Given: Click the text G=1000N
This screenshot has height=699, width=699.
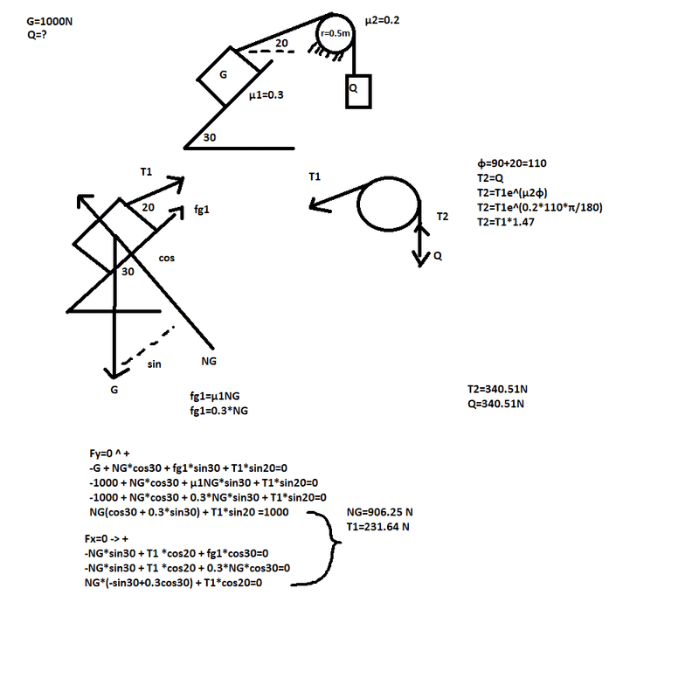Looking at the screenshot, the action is (50, 21).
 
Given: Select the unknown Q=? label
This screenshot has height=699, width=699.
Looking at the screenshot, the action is (37, 35).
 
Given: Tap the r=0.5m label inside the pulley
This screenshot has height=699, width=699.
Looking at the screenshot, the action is (336, 33).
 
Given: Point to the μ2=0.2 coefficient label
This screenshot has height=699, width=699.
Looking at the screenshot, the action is (382, 20).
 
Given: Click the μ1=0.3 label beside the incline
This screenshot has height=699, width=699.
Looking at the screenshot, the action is (266, 95).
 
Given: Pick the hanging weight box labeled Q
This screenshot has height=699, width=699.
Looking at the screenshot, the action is (358, 92).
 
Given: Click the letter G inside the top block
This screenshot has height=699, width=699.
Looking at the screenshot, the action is (224, 74).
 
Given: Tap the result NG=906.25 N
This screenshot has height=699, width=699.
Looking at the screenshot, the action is (380, 512).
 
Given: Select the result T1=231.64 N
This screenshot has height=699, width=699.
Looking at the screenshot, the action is (378, 527).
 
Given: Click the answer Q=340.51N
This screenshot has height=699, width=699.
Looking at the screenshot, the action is (495, 404).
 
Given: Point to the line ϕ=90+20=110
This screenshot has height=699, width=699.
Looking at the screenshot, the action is (512, 163).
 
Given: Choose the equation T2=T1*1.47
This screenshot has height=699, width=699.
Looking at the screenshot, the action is (506, 222).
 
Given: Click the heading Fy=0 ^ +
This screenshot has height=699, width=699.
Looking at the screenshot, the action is (110, 453).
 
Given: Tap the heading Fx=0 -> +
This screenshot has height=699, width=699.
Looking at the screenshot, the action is (107, 539).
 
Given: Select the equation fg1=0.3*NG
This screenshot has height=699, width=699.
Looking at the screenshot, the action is (219, 411).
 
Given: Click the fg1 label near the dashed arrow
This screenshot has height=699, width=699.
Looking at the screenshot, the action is (202, 210).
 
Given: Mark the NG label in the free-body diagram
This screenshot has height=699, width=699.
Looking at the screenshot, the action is (209, 361).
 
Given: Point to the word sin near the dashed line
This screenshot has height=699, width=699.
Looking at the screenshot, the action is (155, 364).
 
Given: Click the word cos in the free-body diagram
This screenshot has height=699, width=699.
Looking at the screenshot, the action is (167, 258).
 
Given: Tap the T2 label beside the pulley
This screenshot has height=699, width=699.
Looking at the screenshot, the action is (442, 217).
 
